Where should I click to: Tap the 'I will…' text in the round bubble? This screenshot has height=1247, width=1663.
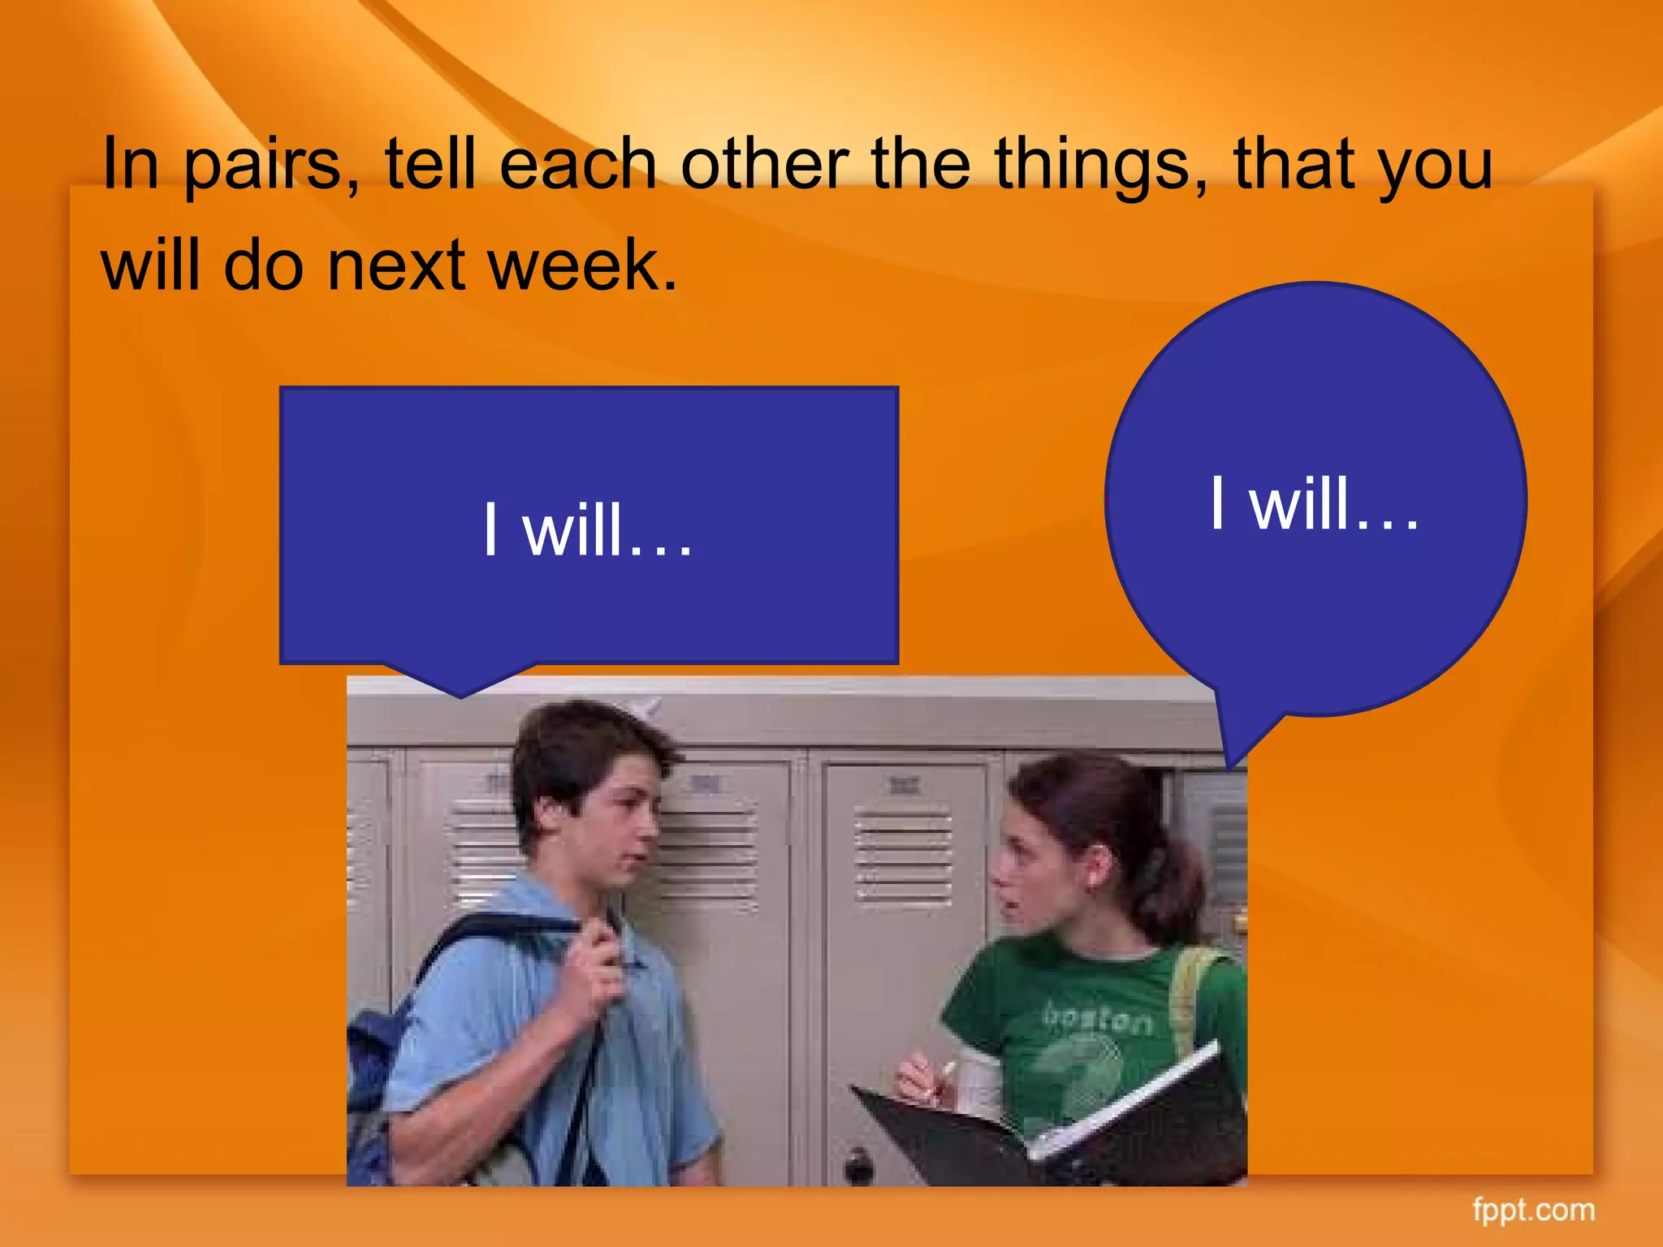[1315, 504]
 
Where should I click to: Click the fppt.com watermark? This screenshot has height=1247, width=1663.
[1533, 1210]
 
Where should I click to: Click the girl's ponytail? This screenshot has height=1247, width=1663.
[1177, 885]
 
